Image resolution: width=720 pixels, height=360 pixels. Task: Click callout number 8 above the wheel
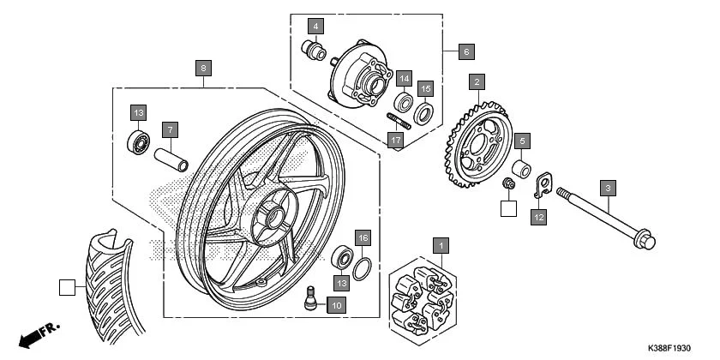tap(202, 68)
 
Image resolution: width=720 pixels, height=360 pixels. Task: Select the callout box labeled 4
tap(315, 27)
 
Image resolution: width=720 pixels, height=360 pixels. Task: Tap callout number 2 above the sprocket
tap(477, 82)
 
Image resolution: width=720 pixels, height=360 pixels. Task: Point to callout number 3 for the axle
tap(608, 188)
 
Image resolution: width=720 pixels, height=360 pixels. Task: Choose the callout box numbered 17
tap(394, 141)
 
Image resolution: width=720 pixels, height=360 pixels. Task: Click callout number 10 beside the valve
tap(334, 305)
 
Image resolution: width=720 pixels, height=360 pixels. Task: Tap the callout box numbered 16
tap(363, 237)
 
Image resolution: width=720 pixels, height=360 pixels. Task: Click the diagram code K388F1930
tap(663, 348)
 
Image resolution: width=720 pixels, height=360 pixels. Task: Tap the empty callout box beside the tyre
tap(67, 287)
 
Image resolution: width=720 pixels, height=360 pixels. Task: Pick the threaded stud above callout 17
tap(400, 121)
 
